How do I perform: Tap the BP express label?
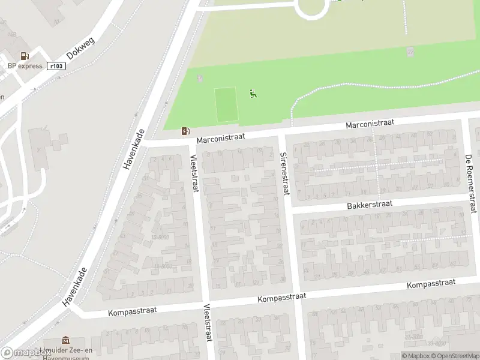(x=25, y=66)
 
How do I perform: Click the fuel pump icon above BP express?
(x=25, y=56)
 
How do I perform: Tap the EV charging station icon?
(x=186, y=131)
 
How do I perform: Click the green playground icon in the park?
(x=253, y=93)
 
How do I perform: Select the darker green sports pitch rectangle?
(x=226, y=104)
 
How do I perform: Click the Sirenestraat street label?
(x=284, y=174)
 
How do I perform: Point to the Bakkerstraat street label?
(x=370, y=205)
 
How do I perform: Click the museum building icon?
(x=65, y=341)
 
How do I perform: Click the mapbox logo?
(x=26, y=353)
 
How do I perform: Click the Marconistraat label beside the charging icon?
(x=221, y=139)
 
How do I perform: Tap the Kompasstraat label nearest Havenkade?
(x=133, y=310)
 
